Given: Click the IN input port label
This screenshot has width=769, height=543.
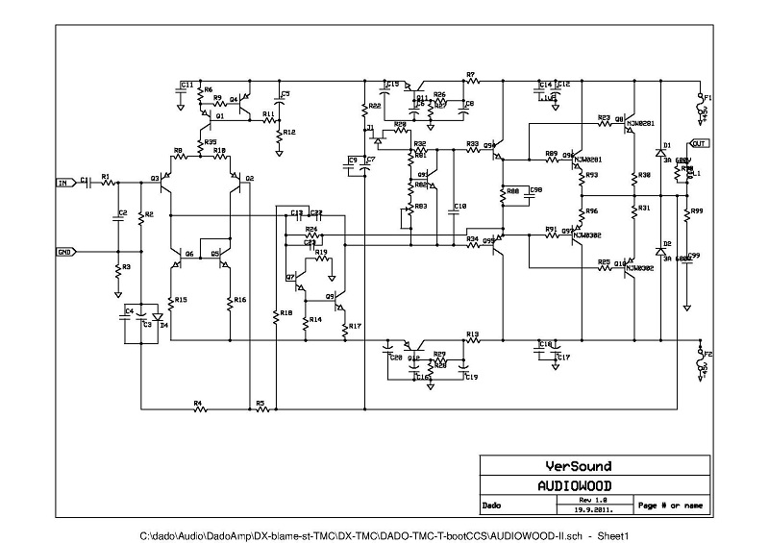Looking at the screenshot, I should click(63, 182).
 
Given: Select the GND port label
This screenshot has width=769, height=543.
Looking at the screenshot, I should click(64, 252).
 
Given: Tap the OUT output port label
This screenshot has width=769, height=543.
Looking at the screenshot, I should click(699, 143).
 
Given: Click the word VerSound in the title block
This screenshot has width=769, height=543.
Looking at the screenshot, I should click(578, 466).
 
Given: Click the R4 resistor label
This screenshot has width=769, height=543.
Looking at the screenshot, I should click(197, 404).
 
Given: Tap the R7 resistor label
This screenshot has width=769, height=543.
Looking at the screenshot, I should click(470, 74).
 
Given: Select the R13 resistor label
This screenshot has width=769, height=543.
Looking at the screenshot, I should click(472, 333).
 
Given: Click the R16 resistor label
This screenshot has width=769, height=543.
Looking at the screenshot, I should click(239, 300).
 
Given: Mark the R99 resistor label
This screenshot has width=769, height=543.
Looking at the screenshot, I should click(696, 210).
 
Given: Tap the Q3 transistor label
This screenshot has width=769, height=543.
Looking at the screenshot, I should click(154, 179).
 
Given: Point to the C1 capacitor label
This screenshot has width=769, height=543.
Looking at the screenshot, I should click(84, 178).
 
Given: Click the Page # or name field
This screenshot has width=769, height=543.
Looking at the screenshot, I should click(670, 505).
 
